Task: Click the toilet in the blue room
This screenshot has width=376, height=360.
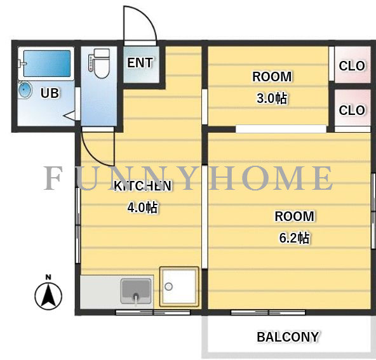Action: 100,63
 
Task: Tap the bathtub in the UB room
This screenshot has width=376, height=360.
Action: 47,63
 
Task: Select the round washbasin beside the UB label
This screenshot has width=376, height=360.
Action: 25,90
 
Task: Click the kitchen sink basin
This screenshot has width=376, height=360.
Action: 136,291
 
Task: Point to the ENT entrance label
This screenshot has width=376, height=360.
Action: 140,63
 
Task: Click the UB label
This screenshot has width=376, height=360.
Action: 50,93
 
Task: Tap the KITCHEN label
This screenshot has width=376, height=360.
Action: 143,186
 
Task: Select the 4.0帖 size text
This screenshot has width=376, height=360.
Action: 142,208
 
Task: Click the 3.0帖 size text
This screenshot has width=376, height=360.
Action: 272,98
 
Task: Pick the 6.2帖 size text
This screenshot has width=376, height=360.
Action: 294,237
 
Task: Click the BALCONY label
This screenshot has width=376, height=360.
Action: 288,337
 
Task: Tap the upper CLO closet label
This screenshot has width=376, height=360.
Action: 352,65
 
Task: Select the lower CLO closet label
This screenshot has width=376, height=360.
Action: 352,110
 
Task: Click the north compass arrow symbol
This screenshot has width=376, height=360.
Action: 48,297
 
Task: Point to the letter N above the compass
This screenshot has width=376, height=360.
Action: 48,277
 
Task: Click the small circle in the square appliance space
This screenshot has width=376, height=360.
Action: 168,286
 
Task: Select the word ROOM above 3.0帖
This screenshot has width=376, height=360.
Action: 272,77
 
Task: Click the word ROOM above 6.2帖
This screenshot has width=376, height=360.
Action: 294,217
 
